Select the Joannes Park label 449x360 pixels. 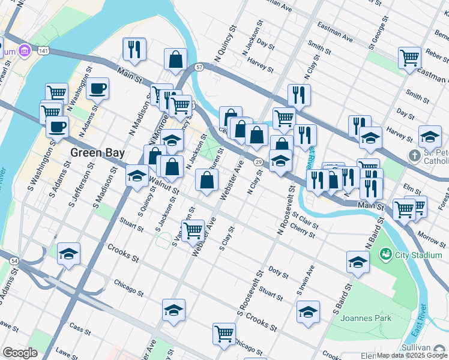click(366, 318)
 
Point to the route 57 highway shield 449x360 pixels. click(199, 67)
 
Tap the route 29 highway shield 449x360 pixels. click(257, 163)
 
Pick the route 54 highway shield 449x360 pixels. click(13, 260)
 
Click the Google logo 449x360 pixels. click(20, 353)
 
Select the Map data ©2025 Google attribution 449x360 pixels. click(412, 355)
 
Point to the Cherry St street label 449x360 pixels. click(302, 230)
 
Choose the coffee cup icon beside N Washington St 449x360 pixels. click(97, 89)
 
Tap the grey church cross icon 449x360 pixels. click(414, 156)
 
